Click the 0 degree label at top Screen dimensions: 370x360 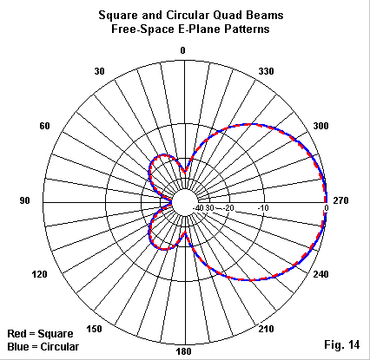point(182,50)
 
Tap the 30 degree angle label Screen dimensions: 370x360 point(99,71)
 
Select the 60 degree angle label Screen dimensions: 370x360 point(44,126)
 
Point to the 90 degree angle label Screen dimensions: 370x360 point(24,200)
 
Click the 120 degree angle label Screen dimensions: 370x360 point(39,274)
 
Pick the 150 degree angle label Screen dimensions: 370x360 point(94,329)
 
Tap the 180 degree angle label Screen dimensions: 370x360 point(183,351)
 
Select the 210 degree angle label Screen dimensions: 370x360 point(266,329)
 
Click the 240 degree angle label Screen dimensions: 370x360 point(320,274)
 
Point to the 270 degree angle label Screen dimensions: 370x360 point(340,200)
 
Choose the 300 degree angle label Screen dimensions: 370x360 point(320,126)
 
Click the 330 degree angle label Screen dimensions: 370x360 point(266,71)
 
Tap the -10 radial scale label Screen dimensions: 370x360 point(263,208)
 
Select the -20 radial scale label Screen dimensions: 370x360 point(228,208)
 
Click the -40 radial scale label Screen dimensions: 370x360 point(198,208)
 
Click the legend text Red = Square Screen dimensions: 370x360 point(40,334)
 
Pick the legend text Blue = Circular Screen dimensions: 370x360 point(43,347)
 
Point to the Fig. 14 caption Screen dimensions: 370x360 point(342,344)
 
